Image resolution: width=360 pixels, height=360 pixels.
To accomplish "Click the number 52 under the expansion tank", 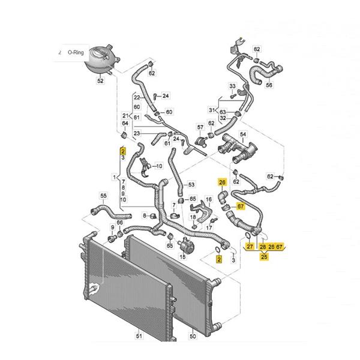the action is coord(100,80).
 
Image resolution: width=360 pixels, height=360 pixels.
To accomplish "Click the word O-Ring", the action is coord(76,52).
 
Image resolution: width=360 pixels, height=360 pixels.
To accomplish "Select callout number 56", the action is coord(269,85).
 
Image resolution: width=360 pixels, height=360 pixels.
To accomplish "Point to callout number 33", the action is coord(233,86).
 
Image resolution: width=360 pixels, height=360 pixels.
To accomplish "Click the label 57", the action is coord(200,127).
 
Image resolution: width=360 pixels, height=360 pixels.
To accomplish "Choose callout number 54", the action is coord(243,134).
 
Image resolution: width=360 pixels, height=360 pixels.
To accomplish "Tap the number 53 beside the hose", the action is coord(191,184).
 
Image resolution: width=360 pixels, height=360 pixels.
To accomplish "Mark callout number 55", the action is coord(104,196).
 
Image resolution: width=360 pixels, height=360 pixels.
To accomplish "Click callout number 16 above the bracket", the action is coord(209,199).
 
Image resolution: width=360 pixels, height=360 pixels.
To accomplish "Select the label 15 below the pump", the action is coord(183,256).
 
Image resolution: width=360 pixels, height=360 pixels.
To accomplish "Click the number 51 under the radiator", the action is coord(139,336).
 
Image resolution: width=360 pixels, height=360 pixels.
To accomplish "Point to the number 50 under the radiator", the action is coord(193,336).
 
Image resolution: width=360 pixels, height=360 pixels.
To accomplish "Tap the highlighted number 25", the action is coord(264,256).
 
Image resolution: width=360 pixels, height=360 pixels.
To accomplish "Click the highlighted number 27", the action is coord(250,247).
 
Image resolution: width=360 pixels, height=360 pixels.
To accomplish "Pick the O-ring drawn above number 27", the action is coord(248,236).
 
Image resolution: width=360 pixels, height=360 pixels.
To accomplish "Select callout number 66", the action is coord(120,223).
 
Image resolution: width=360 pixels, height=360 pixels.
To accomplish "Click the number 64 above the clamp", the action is coord(125,123).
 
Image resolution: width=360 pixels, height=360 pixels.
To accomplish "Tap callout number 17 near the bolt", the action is coord(209,227).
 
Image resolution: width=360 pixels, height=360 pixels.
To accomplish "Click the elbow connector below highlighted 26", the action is coord(223,197).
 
